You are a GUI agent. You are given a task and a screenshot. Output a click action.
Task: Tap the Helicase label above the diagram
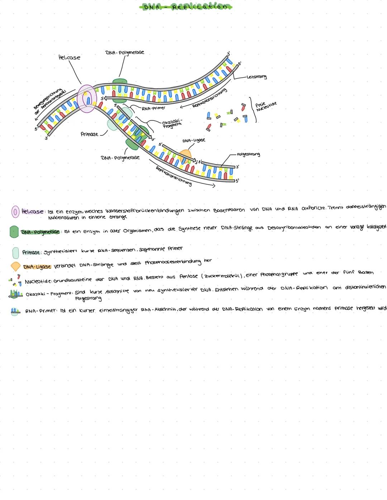tap(69, 57)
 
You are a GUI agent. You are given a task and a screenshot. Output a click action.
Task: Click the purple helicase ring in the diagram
tap(87, 99)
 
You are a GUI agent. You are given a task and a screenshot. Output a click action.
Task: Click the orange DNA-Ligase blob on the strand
tap(186, 155)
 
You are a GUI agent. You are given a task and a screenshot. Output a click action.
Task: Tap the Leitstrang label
tap(257, 77)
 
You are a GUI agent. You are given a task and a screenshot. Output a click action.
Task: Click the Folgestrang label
tap(248, 154)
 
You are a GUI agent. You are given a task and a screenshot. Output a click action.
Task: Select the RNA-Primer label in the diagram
tap(153, 108)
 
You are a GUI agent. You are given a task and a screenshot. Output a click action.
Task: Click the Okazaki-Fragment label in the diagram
tap(172, 124)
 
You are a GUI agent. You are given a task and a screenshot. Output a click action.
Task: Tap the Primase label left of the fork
tap(89, 134)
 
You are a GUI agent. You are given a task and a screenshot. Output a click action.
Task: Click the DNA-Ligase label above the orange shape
tap(193, 141)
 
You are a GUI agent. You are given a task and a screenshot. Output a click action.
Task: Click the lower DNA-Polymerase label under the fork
tap(120, 158)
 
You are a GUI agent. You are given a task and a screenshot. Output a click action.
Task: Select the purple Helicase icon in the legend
tap(15, 211)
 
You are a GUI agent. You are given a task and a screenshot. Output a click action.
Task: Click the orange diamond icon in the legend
tap(15, 267)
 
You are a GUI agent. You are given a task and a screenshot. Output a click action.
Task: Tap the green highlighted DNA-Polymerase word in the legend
tap(40, 232)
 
